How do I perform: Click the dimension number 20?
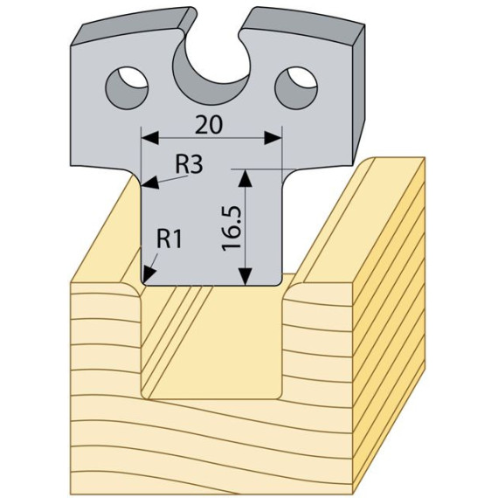[209, 125]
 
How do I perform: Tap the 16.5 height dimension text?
[232, 229]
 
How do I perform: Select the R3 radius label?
[189, 165]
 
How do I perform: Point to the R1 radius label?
[169, 239]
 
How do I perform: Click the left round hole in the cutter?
[127, 87]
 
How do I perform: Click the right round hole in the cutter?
[296, 87]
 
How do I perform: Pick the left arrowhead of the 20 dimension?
[150, 138]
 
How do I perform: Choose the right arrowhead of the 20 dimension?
[273, 138]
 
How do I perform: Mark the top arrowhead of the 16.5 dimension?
[245, 178]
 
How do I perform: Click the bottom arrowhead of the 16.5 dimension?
[245, 276]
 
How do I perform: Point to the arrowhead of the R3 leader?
[150, 183]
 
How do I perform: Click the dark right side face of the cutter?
[358, 95]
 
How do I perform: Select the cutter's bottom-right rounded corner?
[278, 281]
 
